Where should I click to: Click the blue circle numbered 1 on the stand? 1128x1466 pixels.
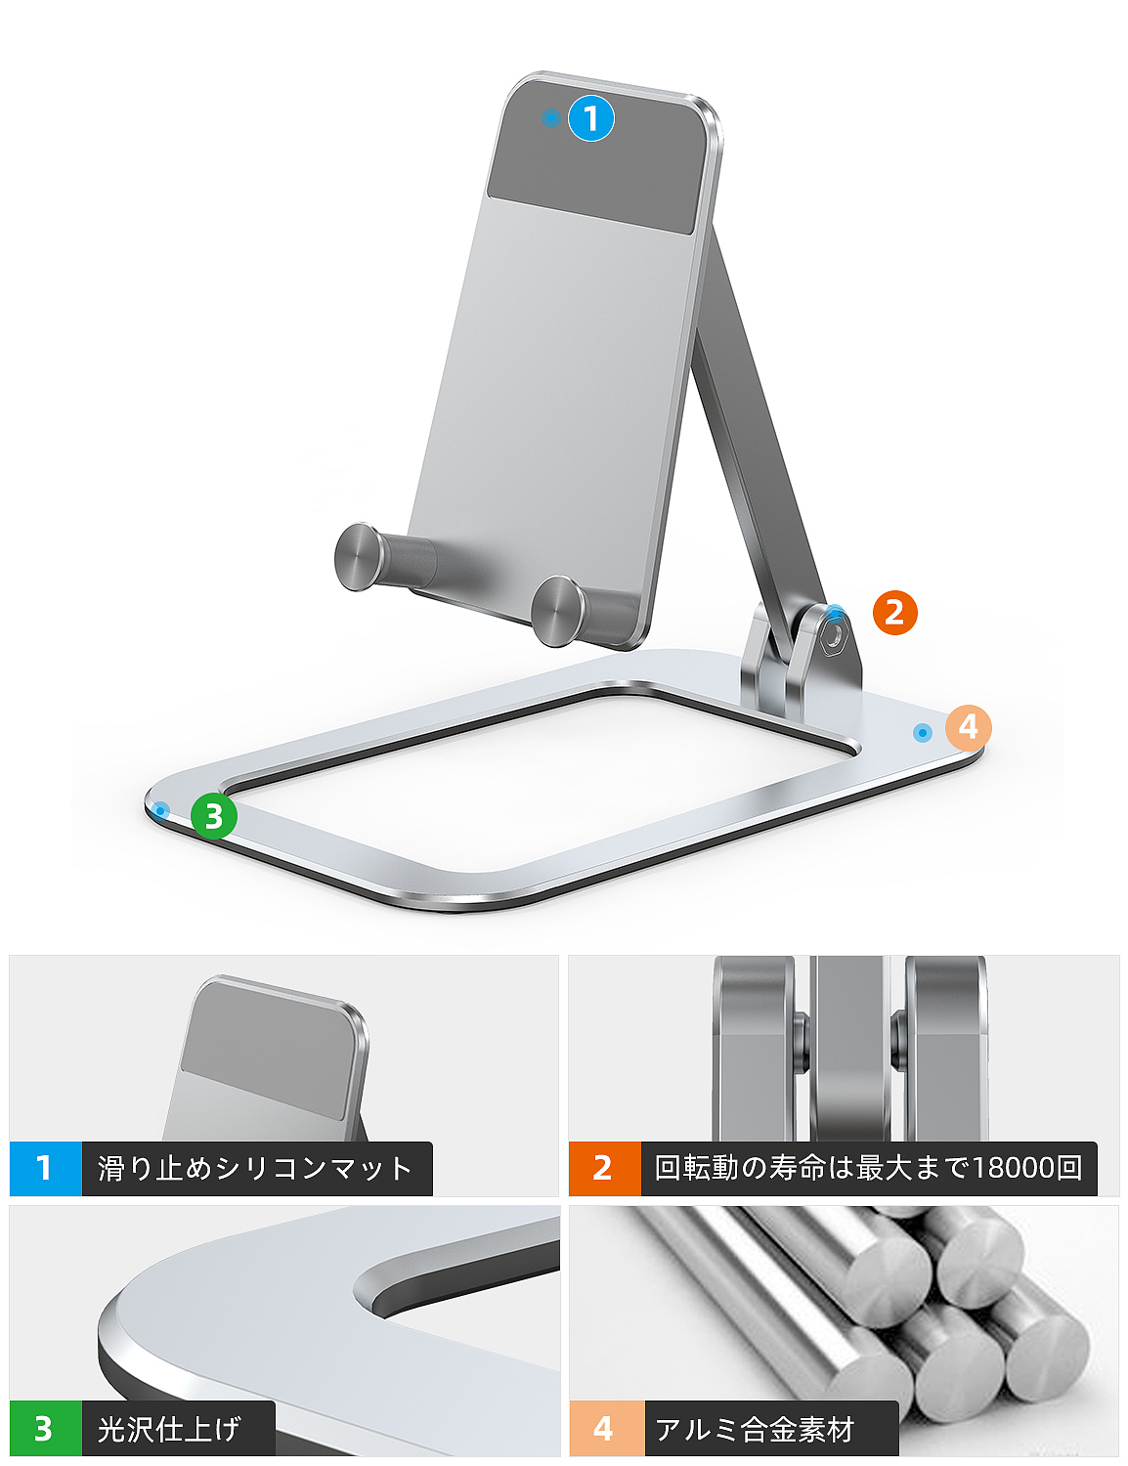pos(590,118)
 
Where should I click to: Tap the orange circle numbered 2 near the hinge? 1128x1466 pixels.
pos(894,612)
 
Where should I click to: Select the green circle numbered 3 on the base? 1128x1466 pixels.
pos(214,816)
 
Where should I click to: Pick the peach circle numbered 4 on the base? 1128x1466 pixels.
pos(968,727)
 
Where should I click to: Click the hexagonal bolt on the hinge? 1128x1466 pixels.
pos(837,635)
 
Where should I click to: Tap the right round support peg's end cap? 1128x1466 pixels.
pos(558,611)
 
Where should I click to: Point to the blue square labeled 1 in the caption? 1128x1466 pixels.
pos(45,1167)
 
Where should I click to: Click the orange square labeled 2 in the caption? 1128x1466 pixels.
pos(604,1167)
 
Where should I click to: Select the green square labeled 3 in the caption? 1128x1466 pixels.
pos(45,1428)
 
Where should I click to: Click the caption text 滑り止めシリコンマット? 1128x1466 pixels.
pos(254,1168)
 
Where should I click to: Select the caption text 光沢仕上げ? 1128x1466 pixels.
pos(169,1428)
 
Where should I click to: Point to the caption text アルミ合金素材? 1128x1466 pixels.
pos(755,1429)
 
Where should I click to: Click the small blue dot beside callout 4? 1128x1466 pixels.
pos(922,732)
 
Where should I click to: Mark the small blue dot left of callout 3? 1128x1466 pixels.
pos(160,809)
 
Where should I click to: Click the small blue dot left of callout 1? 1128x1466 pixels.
pos(551,118)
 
